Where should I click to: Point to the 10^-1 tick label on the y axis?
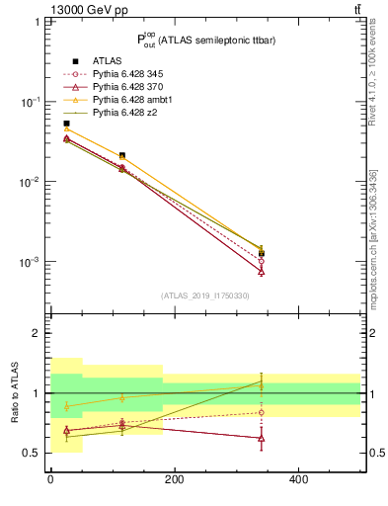click(30, 102)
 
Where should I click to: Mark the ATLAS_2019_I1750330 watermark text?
click(205, 295)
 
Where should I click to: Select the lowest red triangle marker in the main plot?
click(262, 270)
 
